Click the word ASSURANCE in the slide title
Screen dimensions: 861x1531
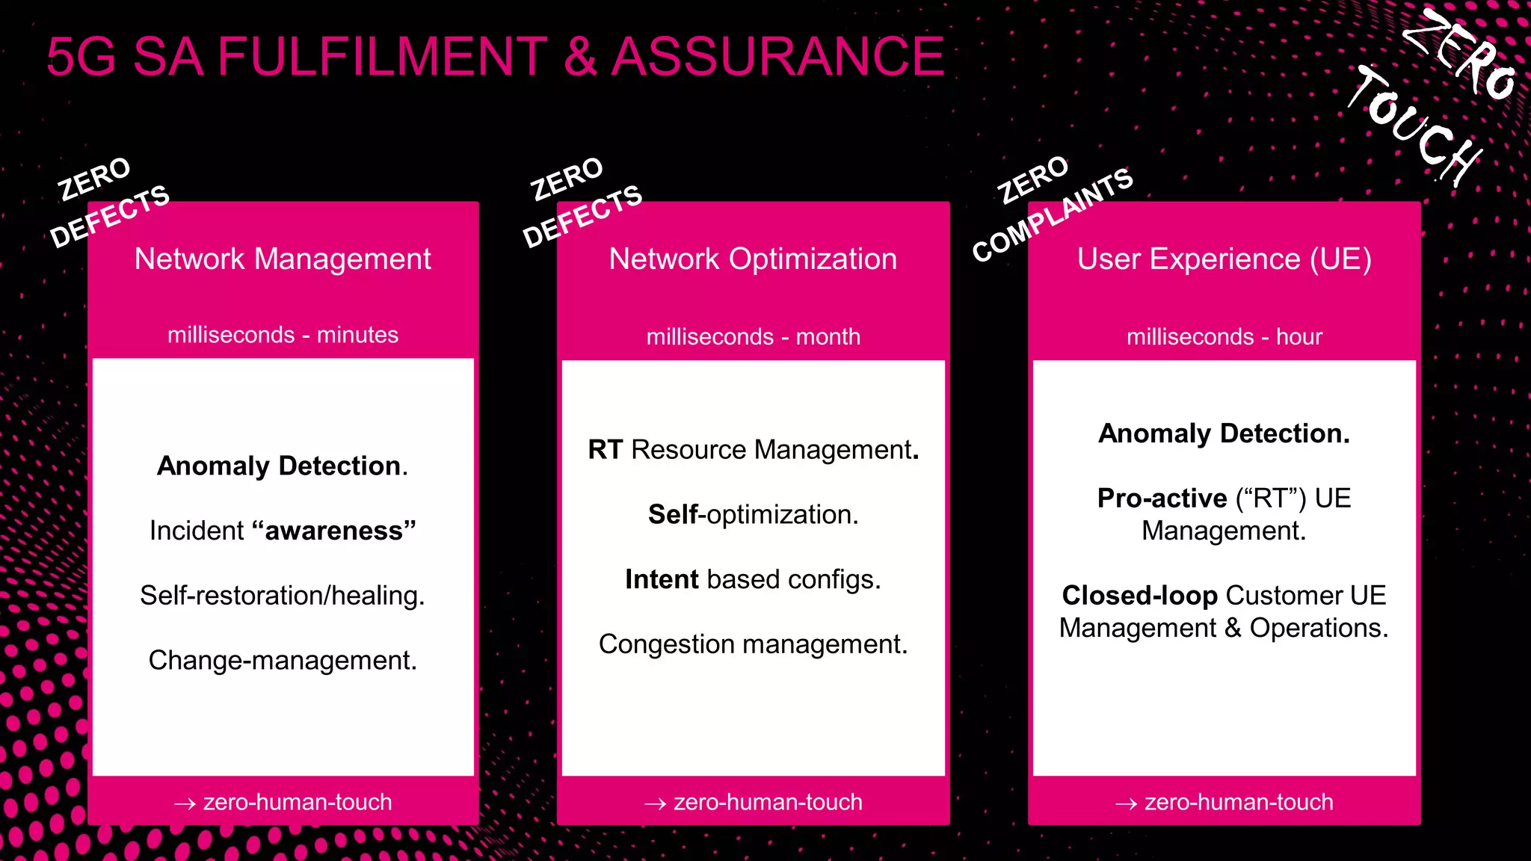click(x=777, y=57)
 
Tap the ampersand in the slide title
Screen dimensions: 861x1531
click(x=580, y=57)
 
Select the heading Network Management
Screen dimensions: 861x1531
click(x=283, y=259)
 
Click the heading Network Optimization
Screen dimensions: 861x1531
click(x=753, y=259)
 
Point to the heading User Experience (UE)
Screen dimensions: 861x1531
click(x=1224, y=259)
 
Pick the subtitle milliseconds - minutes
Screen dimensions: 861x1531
click(x=283, y=335)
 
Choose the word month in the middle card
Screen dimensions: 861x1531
click(x=828, y=337)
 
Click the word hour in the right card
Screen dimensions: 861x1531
click(x=1299, y=337)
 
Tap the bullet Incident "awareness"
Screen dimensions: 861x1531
click(x=283, y=531)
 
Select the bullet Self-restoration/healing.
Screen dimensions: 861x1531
click(x=283, y=596)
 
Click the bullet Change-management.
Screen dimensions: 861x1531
click(x=283, y=661)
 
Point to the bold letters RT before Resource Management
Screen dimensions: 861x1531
click(x=605, y=450)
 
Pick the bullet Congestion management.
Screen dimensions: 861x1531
click(x=753, y=644)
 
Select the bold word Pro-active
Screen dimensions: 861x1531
click(x=1162, y=499)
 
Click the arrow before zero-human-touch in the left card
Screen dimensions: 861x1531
click(x=185, y=804)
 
